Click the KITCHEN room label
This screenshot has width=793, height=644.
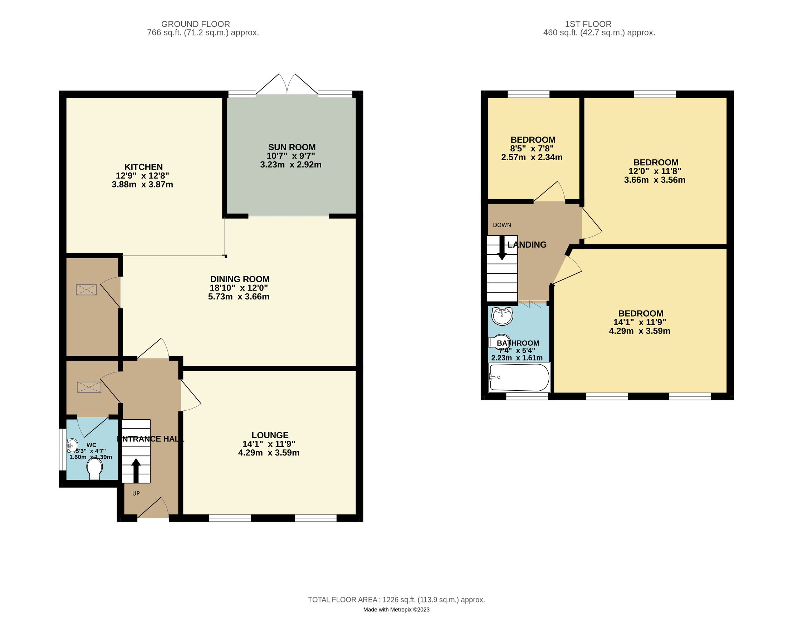(143, 167)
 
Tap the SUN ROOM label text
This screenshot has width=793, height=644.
(292, 147)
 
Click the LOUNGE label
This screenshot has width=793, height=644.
(270, 435)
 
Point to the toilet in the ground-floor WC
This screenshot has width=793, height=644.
(94, 468)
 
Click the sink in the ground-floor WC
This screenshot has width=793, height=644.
(72, 445)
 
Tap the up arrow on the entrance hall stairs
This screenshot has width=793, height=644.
(136, 470)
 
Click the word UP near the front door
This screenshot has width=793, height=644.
(136, 493)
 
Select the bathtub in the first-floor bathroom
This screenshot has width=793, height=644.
(519, 377)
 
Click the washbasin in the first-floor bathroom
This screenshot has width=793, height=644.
(502, 316)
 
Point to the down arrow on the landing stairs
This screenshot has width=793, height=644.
(502, 248)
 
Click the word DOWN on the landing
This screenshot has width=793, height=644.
(502, 225)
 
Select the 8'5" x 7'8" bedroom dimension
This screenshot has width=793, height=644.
(532, 149)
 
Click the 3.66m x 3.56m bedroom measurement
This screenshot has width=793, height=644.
(654, 180)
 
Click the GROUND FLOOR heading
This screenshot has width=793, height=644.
(195, 24)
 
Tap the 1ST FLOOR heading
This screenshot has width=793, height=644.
(588, 24)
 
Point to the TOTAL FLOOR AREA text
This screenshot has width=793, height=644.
(396, 600)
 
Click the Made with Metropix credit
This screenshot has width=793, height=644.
(396, 610)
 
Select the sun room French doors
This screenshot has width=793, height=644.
(287, 84)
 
